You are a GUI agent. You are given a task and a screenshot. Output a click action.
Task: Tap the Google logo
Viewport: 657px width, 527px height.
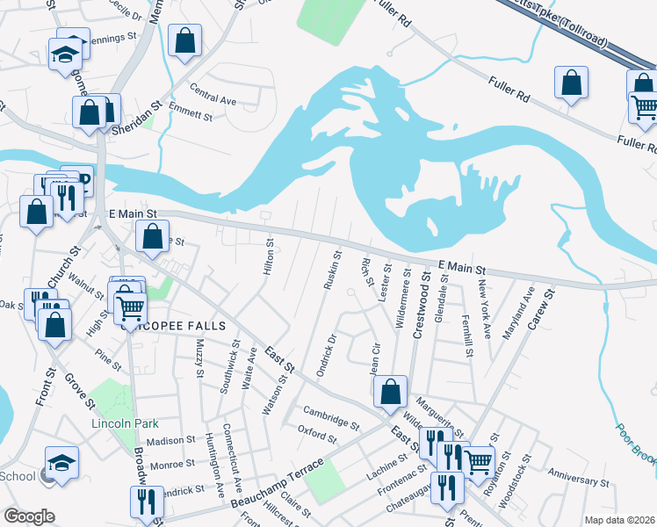click(x=29, y=516)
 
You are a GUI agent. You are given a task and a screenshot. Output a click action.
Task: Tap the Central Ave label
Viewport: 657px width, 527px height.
click(x=213, y=99)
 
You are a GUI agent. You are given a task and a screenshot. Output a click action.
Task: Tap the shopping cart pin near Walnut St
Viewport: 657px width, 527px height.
click(x=130, y=307)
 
